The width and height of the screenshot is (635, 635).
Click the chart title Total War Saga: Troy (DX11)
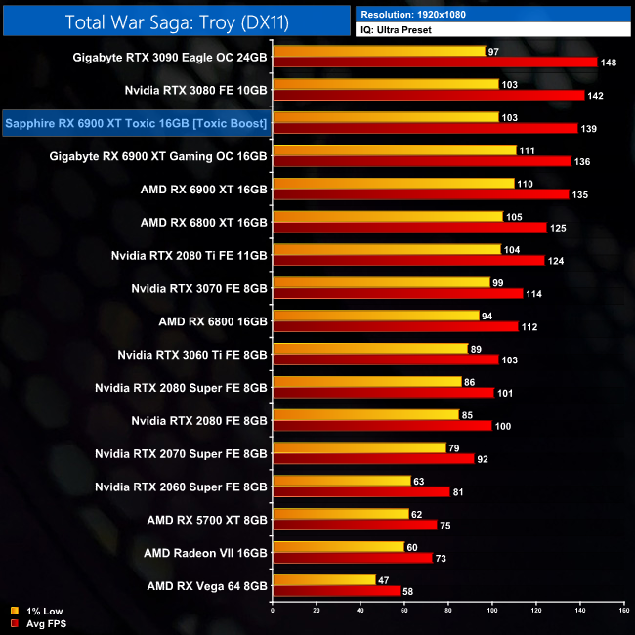click(x=177, y=21)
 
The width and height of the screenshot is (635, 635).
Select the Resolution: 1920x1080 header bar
click(x=493, y=14)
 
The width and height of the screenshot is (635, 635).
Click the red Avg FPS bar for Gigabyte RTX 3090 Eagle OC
click(x=435, y=63)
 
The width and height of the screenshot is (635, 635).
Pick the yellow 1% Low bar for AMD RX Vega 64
click(x=324, y=579)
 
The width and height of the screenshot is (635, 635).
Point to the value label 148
click(x=610, y=63)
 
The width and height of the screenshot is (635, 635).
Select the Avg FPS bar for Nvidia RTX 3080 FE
click(x=428, y=96)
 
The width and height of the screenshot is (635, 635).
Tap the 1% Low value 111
click(x=528, y=150)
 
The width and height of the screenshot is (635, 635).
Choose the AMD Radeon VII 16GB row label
click(x=205, y=553)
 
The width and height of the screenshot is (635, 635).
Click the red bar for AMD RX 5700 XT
click(x=355, y=525)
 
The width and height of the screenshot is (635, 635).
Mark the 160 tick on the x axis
click(x=623, y=611)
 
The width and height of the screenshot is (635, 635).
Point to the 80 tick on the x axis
click(x=448, y=611)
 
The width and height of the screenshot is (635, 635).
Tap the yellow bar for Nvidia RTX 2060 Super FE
click(x=342, y=481)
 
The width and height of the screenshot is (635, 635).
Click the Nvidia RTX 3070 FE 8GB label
click(x=199, y=288)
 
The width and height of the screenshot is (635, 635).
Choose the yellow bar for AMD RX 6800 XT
click(x=388, y=216)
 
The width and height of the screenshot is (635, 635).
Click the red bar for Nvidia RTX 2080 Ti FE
click(x=408, y=261)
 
